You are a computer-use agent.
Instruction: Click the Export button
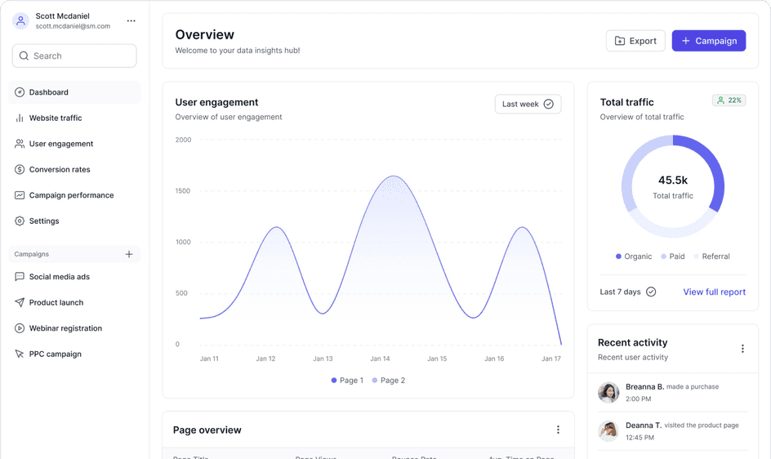[635, 41]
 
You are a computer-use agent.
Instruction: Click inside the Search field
[74, 56]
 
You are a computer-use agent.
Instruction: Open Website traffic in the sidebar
[55, 118]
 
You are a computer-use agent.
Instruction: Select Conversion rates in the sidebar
[59, 170]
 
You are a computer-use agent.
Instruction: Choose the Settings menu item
[43, 221]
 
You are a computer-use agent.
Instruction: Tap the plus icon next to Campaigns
[129, 255]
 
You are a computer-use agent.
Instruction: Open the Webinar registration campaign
[65, 328]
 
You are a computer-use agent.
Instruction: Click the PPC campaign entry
[55, 354]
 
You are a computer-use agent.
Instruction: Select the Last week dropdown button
[528, 105]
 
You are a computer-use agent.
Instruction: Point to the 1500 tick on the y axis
[183, 191]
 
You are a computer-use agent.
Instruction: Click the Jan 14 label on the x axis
[380, 359]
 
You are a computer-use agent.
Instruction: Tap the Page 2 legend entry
[388, 381]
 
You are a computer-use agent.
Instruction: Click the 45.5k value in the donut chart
[673, 180]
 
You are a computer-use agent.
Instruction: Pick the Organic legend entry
[634, 256]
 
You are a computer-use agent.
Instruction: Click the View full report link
[714, 292]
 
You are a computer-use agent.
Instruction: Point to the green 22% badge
[729, 100]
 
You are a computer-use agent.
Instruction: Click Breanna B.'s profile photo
[608, 393]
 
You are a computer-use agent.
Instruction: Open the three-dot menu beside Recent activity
[742, 349]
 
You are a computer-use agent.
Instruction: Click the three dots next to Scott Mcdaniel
[131, 21]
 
